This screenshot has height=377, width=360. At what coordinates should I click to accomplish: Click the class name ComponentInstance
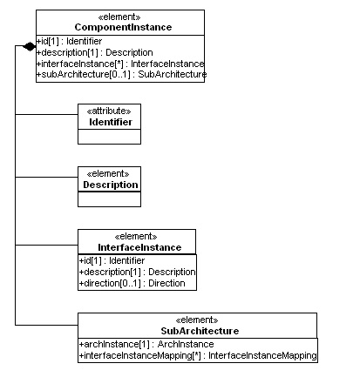[123, 27]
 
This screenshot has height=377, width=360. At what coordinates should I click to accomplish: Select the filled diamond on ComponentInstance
[30, 46]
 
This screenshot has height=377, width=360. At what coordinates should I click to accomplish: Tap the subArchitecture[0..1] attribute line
[121, 75]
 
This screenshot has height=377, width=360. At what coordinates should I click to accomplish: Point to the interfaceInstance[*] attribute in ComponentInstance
[120, 64]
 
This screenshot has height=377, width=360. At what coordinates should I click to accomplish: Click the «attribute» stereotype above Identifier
[109, 111]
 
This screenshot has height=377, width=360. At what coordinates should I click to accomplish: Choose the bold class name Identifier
[111, 122]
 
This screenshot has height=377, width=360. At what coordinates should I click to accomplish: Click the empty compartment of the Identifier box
[109, 137]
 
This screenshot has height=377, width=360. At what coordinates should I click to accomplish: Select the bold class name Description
[111, 185]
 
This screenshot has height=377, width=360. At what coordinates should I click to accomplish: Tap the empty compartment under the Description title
[109, 199]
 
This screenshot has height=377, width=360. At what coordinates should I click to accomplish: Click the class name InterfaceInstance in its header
[139, 247]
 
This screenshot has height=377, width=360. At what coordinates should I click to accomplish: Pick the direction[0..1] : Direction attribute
[132, 283]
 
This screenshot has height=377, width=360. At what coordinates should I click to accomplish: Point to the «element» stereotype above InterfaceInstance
[136, 237]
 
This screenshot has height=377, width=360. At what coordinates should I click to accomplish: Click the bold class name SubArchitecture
[200, 331]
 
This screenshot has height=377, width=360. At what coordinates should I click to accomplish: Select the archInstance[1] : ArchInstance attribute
[146, 345]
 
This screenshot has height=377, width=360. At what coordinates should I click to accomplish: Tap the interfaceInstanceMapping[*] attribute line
[198, 356]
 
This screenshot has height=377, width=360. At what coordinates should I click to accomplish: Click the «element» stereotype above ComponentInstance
[119, 17]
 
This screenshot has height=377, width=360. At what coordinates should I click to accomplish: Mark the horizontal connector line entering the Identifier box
[46, 114]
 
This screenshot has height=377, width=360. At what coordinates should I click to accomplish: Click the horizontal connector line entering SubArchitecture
[46, 325]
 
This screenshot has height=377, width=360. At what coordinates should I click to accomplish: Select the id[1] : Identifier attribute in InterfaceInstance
[112, 261]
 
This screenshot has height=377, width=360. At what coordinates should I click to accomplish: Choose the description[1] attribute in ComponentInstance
[95, 53]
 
